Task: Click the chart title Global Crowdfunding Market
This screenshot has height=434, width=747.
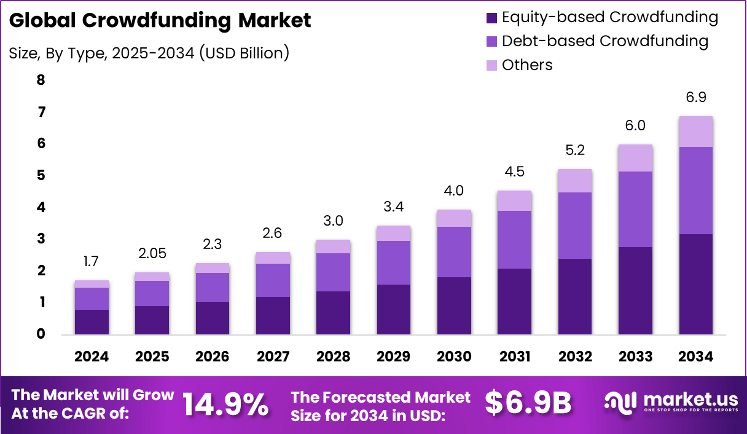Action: [160, 20]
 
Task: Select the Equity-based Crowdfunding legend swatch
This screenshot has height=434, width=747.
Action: [491, 18]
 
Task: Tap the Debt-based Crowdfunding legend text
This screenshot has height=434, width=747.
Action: [604, 41]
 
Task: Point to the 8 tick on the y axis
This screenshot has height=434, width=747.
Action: [41, 80]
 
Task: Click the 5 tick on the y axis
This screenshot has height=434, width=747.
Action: [41, 176]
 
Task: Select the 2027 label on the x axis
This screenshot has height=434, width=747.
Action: [273, 357]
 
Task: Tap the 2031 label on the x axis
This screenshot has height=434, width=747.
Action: [515, 357]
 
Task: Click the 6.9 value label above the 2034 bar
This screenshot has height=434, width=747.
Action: [695, 98]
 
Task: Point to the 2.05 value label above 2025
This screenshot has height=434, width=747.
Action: [152, 253]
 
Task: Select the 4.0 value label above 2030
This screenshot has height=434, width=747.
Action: [454, 191]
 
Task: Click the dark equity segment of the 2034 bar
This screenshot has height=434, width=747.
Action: [695, 284]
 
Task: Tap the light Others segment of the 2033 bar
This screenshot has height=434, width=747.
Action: [635, 158]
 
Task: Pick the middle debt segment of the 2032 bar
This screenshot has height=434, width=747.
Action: [575, 226]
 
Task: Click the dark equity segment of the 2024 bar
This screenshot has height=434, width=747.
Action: [92, 322]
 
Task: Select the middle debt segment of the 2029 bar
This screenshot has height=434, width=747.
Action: [394, 262]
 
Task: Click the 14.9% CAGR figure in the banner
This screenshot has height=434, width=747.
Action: [225, 404]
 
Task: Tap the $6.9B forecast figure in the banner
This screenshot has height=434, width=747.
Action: [528, 403]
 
